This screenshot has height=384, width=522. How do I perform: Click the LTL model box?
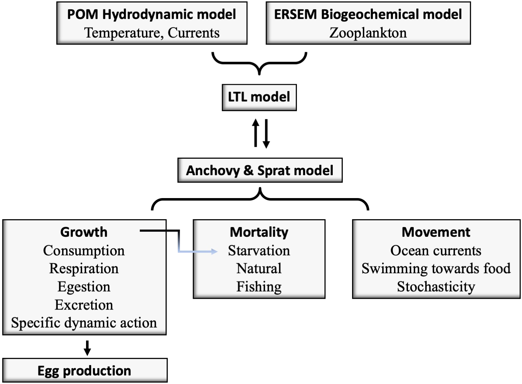(259, 97)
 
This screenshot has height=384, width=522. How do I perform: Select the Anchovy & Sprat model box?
(260, 170)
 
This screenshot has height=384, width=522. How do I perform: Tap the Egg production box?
(85, 370)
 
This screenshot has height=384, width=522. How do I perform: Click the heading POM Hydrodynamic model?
(152, 14)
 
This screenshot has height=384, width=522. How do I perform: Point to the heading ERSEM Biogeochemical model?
(368, 14)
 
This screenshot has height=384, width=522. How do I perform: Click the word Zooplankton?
(368, 33)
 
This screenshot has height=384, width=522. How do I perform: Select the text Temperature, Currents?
(152, 33)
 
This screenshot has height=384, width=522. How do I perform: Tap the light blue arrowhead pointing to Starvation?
(214, 251)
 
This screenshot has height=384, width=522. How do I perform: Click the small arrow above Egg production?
(87, 348)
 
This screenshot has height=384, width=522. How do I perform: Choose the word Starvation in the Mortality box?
(259, 251)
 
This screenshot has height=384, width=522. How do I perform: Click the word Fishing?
(259, 287)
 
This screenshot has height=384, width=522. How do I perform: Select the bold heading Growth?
(84, 232)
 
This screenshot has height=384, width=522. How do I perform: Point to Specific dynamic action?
(84, 323)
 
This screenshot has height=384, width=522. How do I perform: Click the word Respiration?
(84, 269)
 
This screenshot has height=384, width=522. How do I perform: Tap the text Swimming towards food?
(436, 269)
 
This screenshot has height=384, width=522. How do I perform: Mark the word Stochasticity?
(436, 287)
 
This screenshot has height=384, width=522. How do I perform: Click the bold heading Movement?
(436, 232)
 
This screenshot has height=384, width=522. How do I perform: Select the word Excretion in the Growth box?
(84, 305)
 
